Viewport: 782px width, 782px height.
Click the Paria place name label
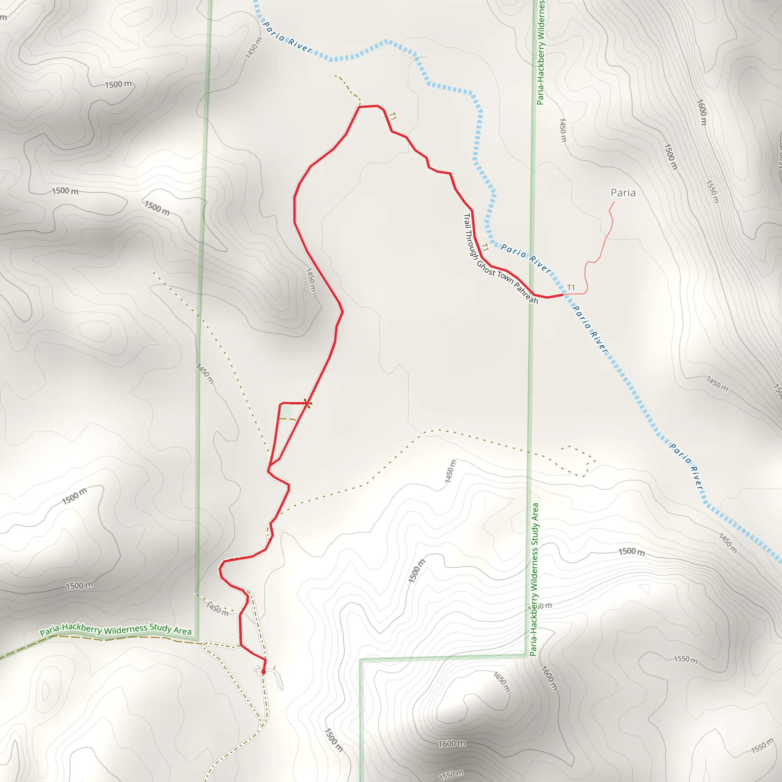tap(622, 193)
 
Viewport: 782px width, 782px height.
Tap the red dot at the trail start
tap(263, 672)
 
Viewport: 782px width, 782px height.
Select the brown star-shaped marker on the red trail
tap(308, 403)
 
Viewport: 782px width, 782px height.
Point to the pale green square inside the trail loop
tap(286, 412)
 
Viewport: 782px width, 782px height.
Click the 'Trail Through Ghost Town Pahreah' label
tap(500, 259)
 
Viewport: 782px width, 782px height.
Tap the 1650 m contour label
tap(501, 682)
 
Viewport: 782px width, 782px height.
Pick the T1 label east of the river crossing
tap(571, 288)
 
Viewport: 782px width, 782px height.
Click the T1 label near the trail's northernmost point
tap(392, 116)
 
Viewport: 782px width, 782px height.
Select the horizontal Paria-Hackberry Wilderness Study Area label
tap(115, 629)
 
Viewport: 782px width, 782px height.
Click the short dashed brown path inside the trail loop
tap(288, 419)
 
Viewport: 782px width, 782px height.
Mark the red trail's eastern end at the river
tap(562, 295)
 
